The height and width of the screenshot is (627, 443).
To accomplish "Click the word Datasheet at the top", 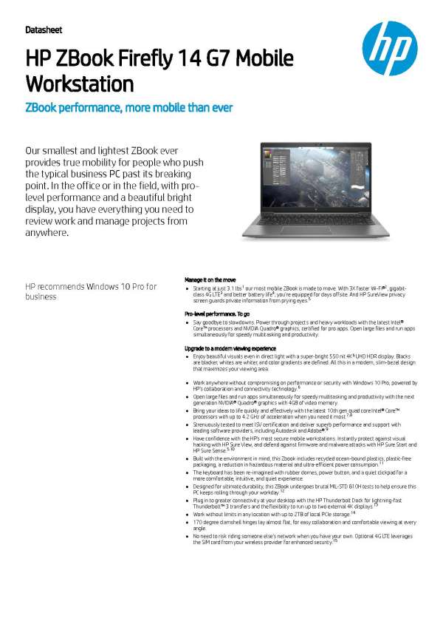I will [x=44, y=30].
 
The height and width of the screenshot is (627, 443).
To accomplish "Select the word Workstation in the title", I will [x=80, y=83].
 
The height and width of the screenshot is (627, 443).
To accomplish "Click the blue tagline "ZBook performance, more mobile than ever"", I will [x=129, y=108].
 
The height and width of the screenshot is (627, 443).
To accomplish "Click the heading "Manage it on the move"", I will [x=210, y=279].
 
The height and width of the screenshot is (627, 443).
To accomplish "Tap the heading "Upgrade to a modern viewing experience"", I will [x=234, y=348].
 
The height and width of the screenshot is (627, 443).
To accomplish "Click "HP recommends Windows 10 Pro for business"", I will [x=91, y=291].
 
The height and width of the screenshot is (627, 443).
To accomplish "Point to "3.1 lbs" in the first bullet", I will [x=233, y=288].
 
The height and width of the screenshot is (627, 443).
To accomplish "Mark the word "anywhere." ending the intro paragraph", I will [x=48, y=233].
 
